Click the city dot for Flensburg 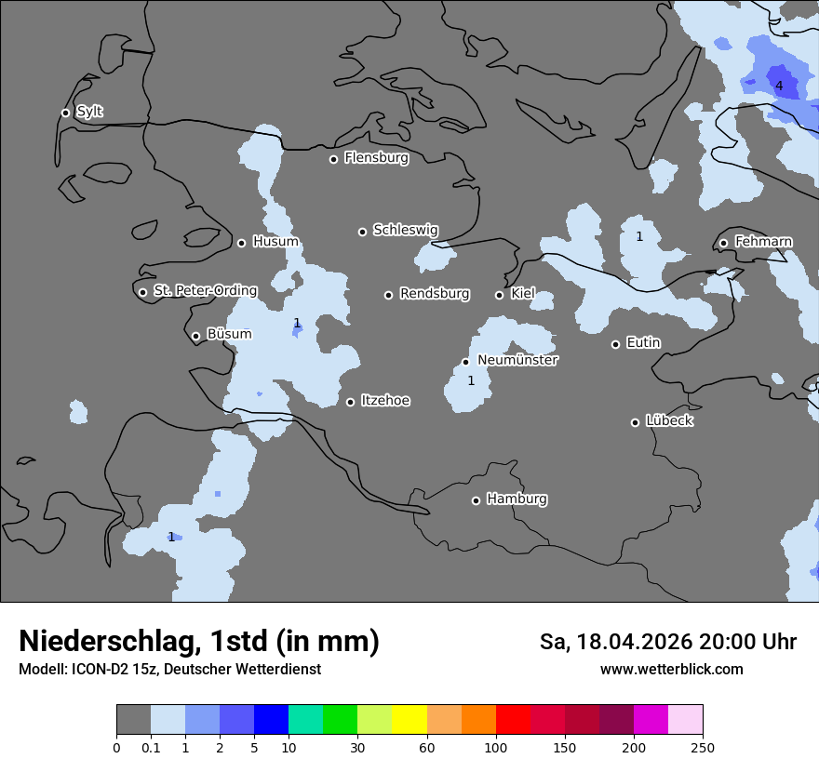point(333,159)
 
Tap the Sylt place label point(89,112)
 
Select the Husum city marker point(241,243)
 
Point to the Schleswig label point(405,230)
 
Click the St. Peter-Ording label point(205,290)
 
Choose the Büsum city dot point(195,337)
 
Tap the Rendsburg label point(434,294)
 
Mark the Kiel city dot point(499,295)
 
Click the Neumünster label point(517,360)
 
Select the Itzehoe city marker point(350,402)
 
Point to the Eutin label point(643,342)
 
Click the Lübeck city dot point(635,422)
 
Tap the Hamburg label point(517,499)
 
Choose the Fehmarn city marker point(723,243)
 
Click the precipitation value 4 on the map point(779,87)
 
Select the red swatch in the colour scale point(513,720)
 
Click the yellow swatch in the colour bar point(409,720)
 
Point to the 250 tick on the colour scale point(702,747)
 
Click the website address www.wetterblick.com point(671,670)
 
